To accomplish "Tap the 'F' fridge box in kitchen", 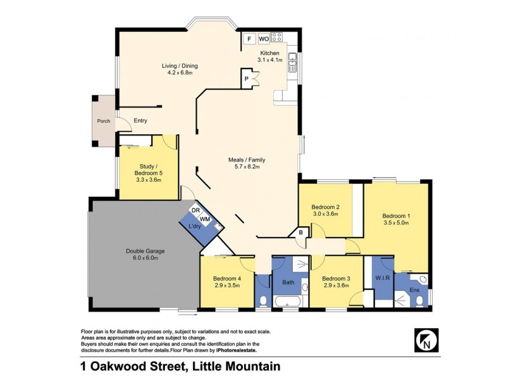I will pos(249,39).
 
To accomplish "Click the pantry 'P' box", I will pos(246,79).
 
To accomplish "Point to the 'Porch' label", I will pos(102,121).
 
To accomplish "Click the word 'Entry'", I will pos(140,121).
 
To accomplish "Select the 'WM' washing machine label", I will pos(204,218).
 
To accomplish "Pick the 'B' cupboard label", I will pos(301,233).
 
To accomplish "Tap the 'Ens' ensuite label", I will pos(415,290).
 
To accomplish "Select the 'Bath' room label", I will pos(288,282).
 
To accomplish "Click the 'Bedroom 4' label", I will pos(227,278).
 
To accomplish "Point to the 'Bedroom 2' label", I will pos(326,207).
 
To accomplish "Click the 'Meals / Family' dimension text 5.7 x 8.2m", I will pos(245,167).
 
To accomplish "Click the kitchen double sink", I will pos(293,61).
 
